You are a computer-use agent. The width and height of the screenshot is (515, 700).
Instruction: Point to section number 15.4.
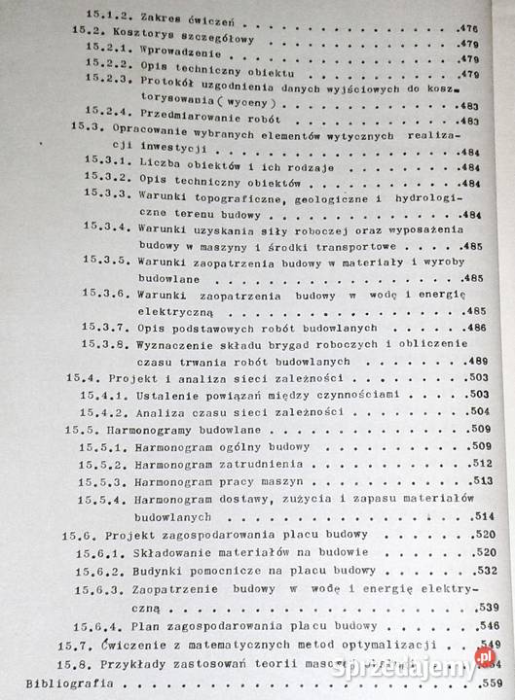(x=83, y=377)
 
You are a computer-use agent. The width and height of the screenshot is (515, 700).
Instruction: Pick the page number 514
(x=485, y=516)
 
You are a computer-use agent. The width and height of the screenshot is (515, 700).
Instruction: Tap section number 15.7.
(x=72, y=644)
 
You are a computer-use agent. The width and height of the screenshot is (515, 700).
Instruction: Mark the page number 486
(x=476, y=328)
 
